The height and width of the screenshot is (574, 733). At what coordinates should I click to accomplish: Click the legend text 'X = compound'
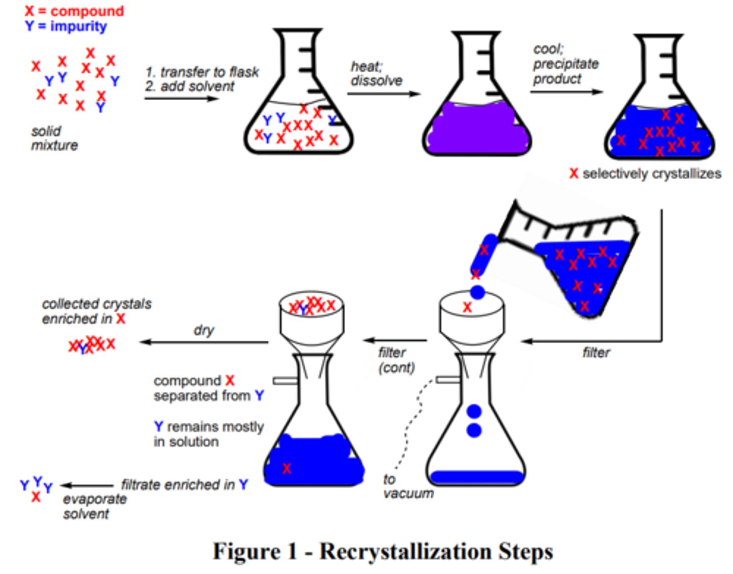click(x=74, y=11)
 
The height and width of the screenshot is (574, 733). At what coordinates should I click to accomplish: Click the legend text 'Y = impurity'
click(x=66, y=26)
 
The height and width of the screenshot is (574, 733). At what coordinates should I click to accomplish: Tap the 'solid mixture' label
click(x=53, y=138)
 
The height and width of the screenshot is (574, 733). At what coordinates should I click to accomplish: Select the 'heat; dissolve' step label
click(x=376, y=74)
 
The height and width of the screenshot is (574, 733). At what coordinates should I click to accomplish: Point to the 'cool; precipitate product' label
click(x=565, y=64)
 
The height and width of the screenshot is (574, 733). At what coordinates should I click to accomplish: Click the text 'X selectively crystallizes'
click(x=645, y=174)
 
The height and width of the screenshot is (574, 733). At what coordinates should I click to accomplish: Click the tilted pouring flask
click(x=580, y=260)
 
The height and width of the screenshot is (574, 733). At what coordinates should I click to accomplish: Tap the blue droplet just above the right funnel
click(x=477, y=292)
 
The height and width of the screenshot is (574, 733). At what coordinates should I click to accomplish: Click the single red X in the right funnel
click(x=467, y=307)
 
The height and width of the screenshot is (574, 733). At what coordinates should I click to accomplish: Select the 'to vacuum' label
click(x=407, y=486)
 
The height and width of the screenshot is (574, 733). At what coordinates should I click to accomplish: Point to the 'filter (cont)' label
click(x=396, y=360)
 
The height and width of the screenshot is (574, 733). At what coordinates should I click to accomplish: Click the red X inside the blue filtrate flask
click(x=287, y=468)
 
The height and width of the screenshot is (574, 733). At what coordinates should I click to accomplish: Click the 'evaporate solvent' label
click(x=94, y=506)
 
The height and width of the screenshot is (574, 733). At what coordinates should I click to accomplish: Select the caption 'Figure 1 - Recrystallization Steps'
click(x=383, y=551)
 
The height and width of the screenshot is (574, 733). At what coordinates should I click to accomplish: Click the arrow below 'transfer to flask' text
click(x=181, y=98)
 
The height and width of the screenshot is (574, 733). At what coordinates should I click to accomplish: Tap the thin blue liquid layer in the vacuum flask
click(x=476, y=477)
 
